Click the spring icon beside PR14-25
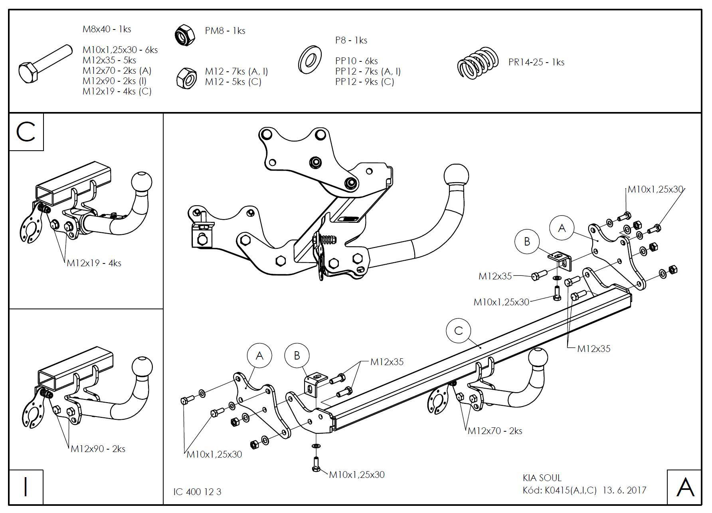tap(478, 63)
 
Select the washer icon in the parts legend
tap(310, 60)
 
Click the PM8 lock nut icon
tap(185, 35)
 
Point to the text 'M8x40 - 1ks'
tap(107, 29)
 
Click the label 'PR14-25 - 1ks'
tap(536, 62)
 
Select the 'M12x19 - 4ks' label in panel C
tap(94, 263)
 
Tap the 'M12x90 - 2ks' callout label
tap(98, 449)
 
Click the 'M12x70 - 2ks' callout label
tap(495, 431)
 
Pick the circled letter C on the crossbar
tap(459, 330)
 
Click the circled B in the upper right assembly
tap(527, 242)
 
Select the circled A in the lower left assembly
tap(259, 356)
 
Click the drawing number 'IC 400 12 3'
tap(197, 492)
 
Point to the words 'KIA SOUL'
tap(542, 478)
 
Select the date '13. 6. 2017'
tap(624, 490)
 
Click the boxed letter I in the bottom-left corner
tap(26, 487)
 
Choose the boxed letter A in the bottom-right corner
tap(684, 487)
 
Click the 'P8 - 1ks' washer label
tap(351, 40)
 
